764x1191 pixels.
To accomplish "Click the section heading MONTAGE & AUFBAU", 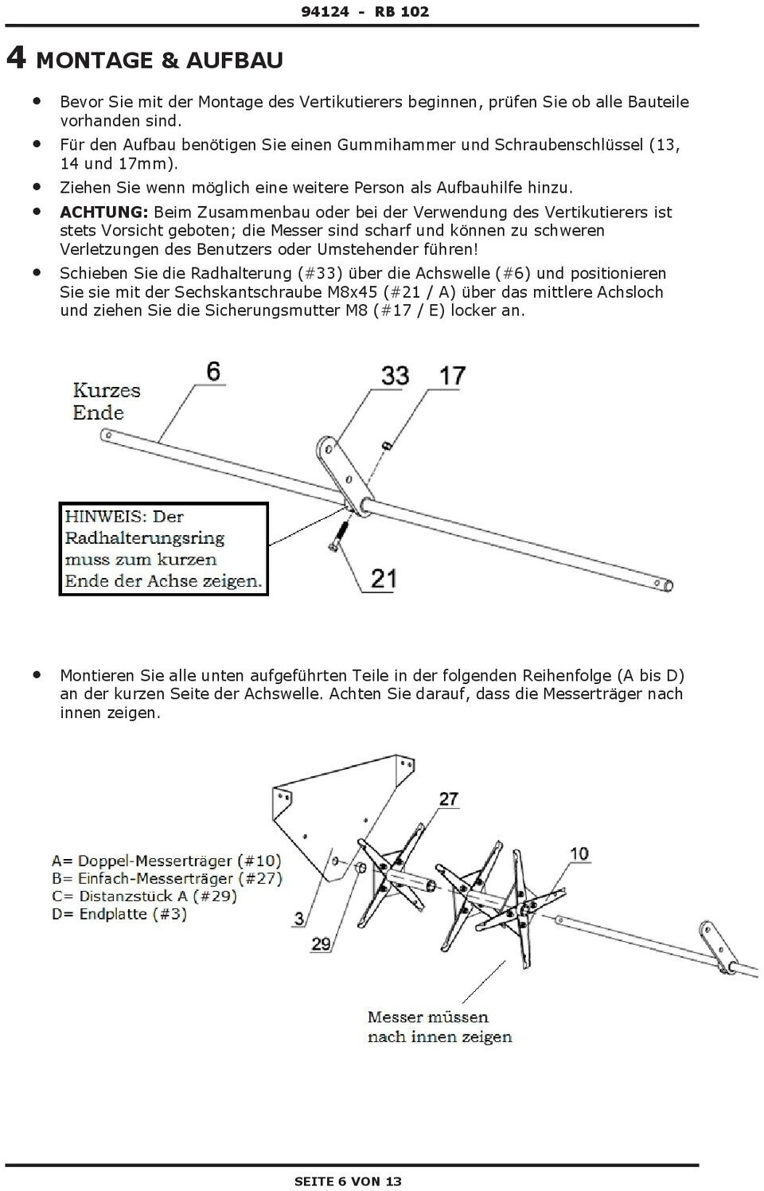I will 159,60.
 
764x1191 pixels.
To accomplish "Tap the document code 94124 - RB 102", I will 364,11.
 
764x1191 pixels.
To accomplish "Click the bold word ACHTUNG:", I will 104,212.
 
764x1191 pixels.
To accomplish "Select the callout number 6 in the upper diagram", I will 212,371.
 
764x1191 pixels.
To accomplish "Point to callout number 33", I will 395,375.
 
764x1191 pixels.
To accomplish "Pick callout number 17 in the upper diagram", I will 452,375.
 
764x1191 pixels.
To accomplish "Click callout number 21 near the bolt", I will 383,577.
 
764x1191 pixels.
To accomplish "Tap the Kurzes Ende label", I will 106,401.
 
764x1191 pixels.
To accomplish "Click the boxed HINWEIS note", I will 164,549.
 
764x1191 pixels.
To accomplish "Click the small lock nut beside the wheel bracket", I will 385,446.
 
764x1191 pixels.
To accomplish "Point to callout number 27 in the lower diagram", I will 449,799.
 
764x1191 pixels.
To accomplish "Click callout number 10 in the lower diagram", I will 579,853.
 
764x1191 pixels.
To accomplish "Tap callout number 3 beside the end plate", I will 298,919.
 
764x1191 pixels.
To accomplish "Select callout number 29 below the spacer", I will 321,944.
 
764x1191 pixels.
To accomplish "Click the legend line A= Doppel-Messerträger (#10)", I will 166,861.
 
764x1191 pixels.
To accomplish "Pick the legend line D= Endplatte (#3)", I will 119,914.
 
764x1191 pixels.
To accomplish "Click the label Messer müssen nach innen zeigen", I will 439,1027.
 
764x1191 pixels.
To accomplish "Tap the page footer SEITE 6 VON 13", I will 348,1181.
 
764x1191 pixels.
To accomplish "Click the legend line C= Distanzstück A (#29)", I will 144,896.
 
